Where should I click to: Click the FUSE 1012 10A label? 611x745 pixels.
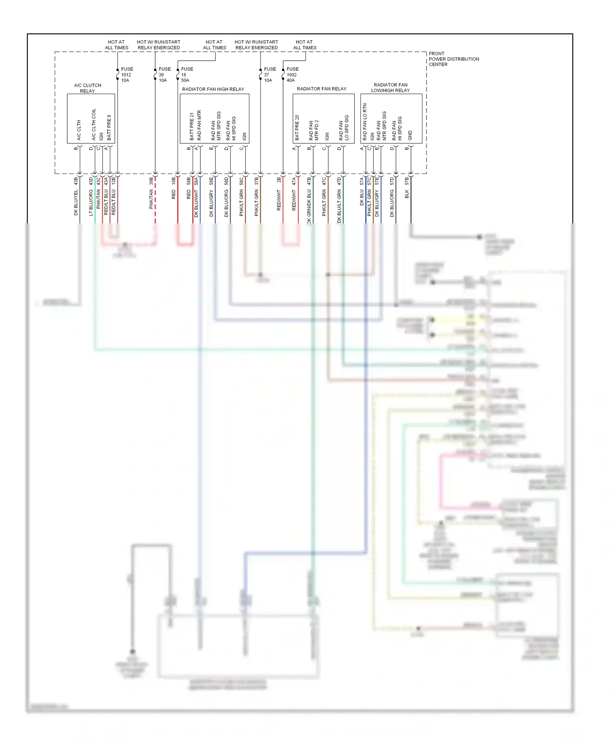coord(126,75)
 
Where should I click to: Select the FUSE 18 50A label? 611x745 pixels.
coord(187,75)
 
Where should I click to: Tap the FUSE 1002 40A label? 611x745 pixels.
coord(292,75)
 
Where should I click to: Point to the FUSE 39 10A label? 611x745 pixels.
coord(164,75)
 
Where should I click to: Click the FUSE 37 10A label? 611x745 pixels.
coord(269,75)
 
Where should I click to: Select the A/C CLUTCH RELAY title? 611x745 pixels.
coord(88,88)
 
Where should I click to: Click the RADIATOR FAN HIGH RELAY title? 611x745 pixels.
coord(213,89)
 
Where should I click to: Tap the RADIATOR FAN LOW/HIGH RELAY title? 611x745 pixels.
coord(390,88)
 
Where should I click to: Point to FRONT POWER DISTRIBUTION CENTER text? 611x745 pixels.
coord(453,59)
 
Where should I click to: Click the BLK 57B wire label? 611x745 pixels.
coord(407,188)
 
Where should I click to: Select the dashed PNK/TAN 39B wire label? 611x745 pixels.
coord(151,193)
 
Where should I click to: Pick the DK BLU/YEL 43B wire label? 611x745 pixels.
coord(76,196)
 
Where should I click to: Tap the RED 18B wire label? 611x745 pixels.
coord(174,188)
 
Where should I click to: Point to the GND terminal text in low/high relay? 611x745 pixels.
coord(410,136)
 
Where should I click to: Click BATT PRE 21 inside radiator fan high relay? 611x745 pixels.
coord(191,127)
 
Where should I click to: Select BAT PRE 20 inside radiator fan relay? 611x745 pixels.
coord(297,128)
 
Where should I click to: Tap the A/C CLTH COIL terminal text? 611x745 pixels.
coord(94,124)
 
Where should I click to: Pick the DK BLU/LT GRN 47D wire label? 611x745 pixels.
coord(339,200)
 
